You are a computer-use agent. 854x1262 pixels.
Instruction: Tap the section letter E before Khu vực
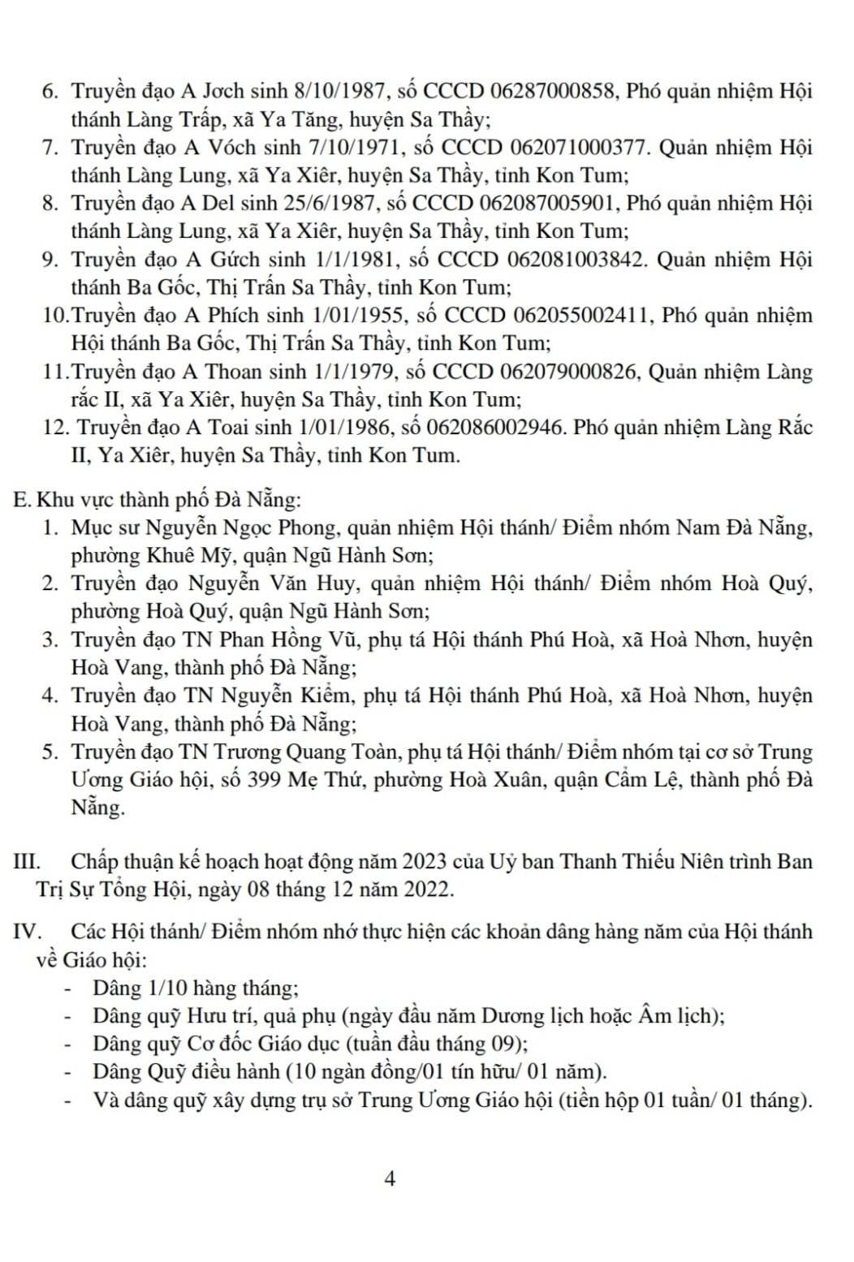22,498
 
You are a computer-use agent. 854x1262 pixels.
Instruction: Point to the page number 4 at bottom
390,1179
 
